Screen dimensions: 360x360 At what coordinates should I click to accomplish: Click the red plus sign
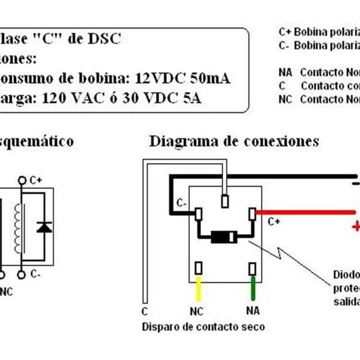tap(355, 226)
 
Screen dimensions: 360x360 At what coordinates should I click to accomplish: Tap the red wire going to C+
tap(306, 212)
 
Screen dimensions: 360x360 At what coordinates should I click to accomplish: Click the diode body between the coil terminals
tap(224, 237)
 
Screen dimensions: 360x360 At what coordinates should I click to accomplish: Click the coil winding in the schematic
tap(18, 227)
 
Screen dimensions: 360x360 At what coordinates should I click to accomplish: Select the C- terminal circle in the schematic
tap(22, 274)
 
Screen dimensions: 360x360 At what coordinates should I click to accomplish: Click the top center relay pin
tap(225, 201)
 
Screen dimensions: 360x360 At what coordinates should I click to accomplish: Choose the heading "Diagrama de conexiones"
tap(234, 141)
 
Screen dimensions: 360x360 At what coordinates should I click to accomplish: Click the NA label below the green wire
tap(253, 310)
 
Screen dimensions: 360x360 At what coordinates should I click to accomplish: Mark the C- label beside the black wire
tap(182, 203)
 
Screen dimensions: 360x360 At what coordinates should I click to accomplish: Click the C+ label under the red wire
tap(274, 222)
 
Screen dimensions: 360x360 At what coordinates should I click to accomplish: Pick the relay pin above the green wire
tap(252, 269)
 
